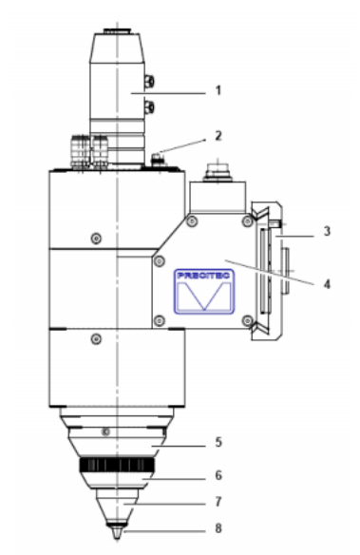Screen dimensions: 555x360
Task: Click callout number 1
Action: [x=218, y=91]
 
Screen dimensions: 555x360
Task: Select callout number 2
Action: [x=219, y=137]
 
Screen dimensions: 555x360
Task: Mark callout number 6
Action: [x=218, y=474]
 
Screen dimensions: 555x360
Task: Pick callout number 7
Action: [x=218, y=499]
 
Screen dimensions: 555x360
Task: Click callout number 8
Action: [x=218, y=529]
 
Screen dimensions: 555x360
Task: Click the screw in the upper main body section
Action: [x=94, y=237]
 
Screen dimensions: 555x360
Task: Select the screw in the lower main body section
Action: [x=94, y=337]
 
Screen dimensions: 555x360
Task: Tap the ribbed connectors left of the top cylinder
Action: [x=84, y=151]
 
